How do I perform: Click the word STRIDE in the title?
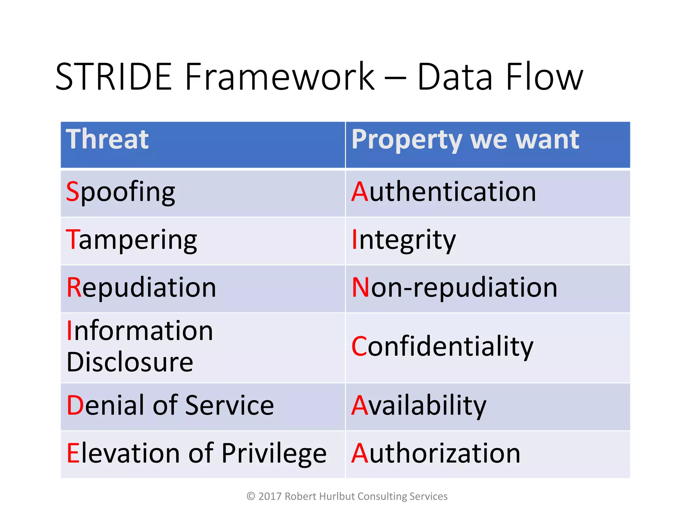pyautogui.click(x=114, y=77)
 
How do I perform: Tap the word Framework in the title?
pyautogui.click(x=280, y=77)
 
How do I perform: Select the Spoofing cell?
pyautogui.click(x=120, y=192)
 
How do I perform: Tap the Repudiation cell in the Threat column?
pyautogui.click(x=141, y=288)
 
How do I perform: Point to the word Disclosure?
pyautogui.click(x=130, y=362)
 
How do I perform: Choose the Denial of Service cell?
pyautogui.click(x=170, y=405)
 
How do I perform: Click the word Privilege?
pyautogui.click(x=274, y=454)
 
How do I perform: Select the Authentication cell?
pyautogui.click(x=444, y=192)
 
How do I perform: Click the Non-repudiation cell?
pyautogui.click(x=454, y=288)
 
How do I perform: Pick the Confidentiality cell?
pyautogui.click(x=442, y=347)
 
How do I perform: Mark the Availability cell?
pyautogui.click(x=419, y=406)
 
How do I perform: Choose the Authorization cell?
pyautogui.click(x=436, y=453)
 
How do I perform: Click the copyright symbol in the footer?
pyautogui.click(x=251, y=496)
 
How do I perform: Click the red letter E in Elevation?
pyautogui.click(x=73, y=453)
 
